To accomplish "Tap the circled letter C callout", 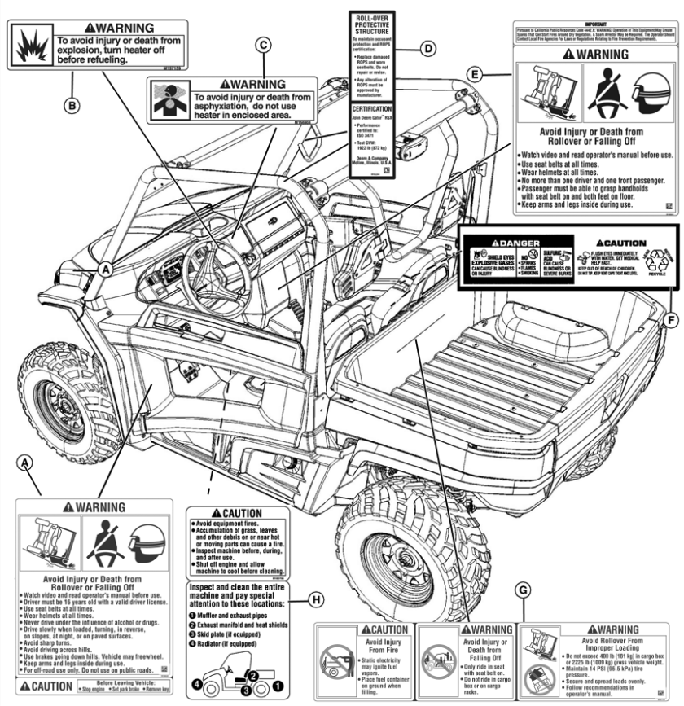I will (262, 46).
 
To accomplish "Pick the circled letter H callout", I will (316, 600).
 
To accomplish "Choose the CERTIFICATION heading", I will (372, 107).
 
